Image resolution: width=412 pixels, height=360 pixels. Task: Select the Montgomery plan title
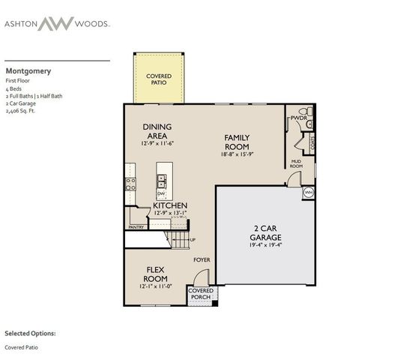[28, 71]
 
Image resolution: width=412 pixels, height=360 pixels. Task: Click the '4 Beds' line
[14, 88]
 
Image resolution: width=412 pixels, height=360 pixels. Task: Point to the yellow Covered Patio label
[158, 79]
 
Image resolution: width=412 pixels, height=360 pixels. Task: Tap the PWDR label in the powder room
[300, 118]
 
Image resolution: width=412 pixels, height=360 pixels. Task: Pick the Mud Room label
[297, 164]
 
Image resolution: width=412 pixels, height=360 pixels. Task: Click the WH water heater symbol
[308, 193]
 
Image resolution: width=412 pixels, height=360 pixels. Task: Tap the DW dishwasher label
[161, 193]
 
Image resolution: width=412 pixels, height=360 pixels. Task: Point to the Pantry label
[136, 226]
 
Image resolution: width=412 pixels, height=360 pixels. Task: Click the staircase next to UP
[179, 239]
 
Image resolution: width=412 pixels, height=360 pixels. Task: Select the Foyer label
[202, 259]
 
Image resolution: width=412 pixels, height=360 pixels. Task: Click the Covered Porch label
[200, 293]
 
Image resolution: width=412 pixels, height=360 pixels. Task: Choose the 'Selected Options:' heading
[30, 332]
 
